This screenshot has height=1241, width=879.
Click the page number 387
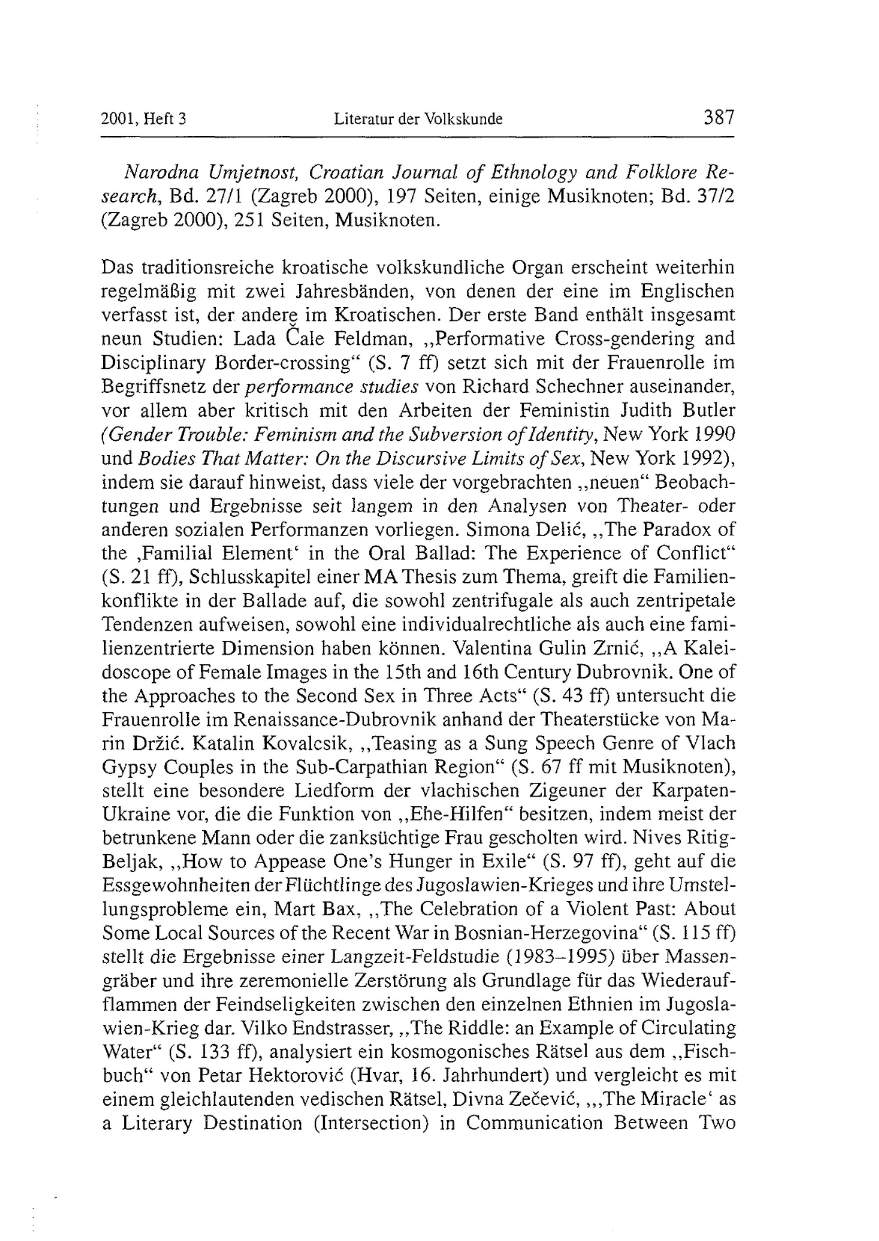click(718, 117)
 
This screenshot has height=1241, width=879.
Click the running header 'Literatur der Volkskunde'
click(418, 119)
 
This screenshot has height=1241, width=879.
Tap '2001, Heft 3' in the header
click(143, 119)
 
